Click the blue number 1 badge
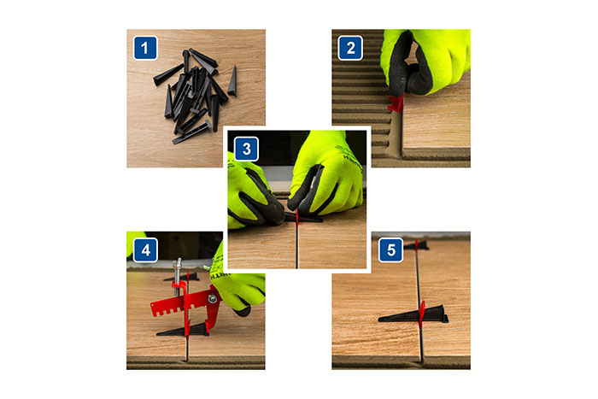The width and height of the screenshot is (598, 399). (145, 48)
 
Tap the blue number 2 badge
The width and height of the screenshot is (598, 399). (350, 48)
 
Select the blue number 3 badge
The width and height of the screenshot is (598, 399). (246, 149)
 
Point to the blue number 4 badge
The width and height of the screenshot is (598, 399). (145, 250)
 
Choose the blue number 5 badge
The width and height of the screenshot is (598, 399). (390, 250)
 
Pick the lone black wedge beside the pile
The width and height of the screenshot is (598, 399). (232, 81)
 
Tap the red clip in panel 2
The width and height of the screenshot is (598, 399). (396, 103)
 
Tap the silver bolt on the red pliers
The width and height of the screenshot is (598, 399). (213, 299)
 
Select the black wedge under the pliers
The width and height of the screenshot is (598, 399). (183, 331)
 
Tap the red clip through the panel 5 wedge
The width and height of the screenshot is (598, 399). (421, 314)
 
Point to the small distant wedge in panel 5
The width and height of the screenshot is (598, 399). (416, 246)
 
